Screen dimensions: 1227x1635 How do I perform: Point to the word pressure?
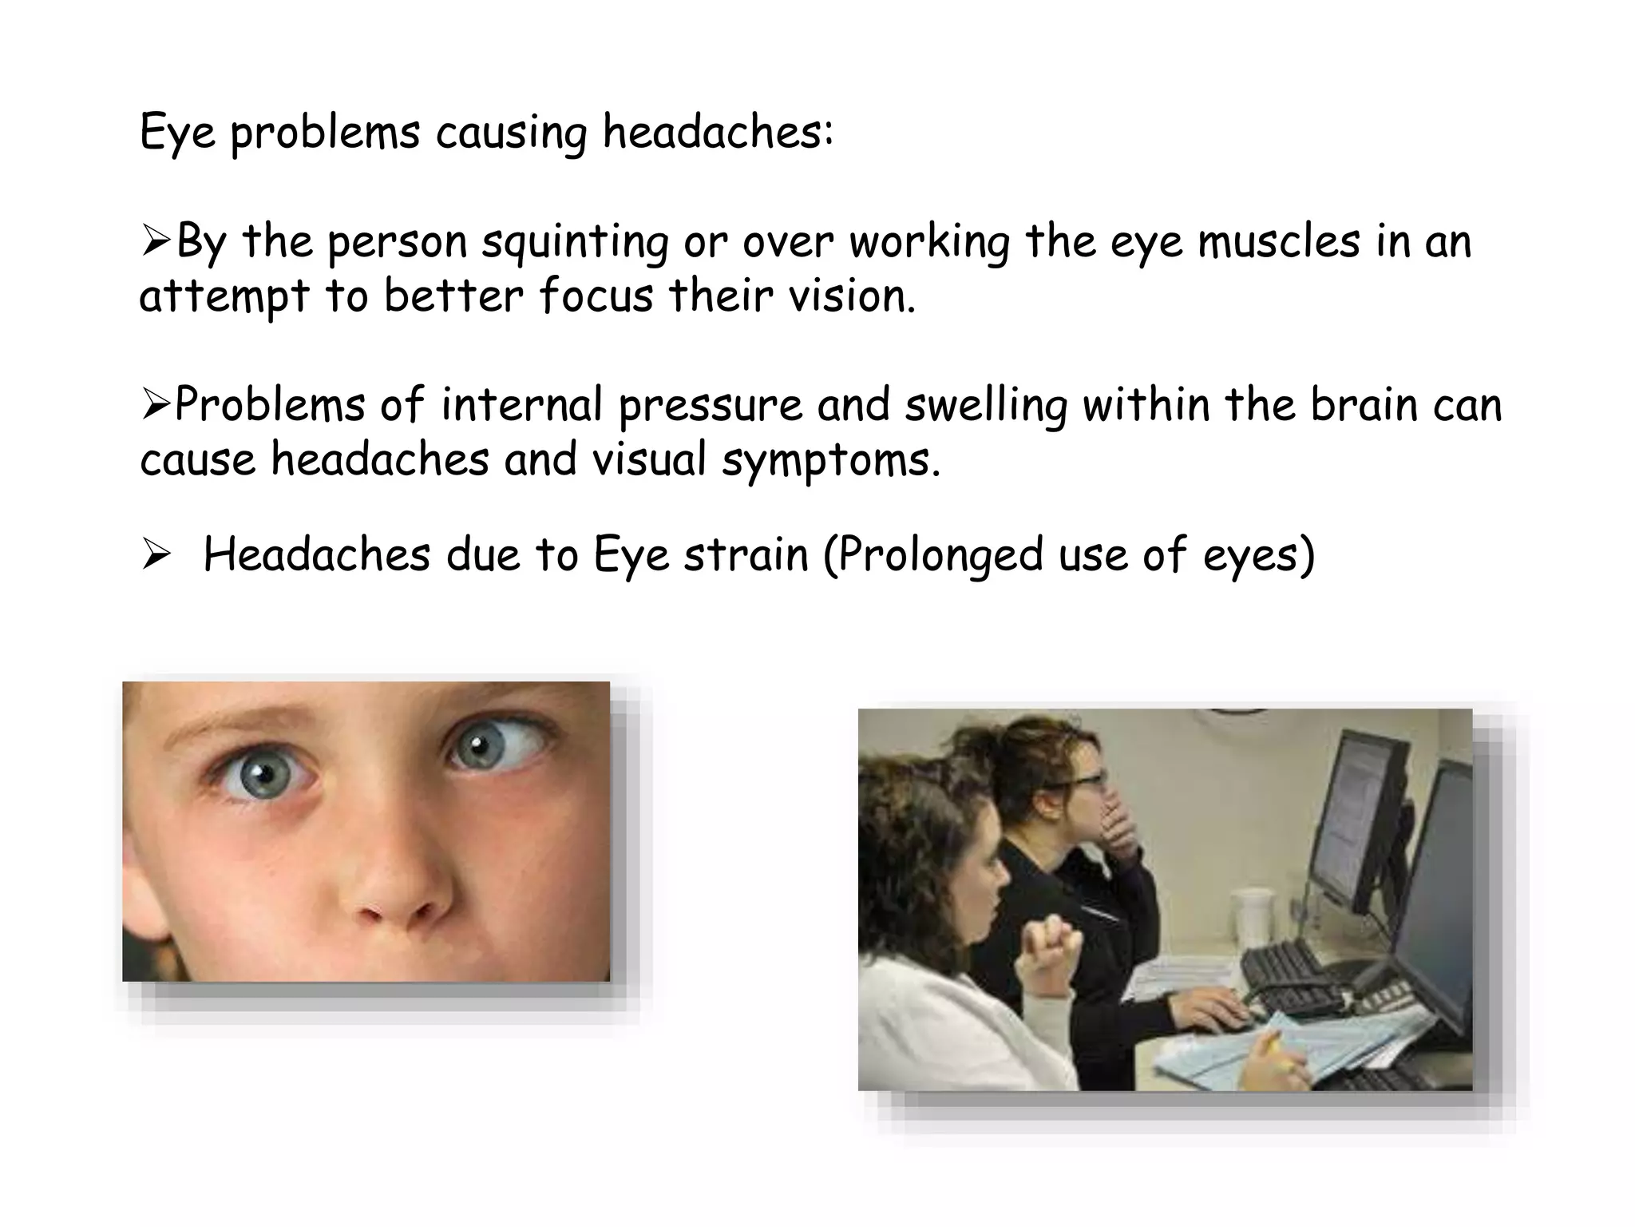[x=710, y=406]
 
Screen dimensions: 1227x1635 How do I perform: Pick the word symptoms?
[x=830, y=461]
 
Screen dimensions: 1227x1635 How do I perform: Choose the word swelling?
[x=986, y=406]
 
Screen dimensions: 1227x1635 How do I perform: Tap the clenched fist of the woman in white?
[x=1047, y=943]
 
